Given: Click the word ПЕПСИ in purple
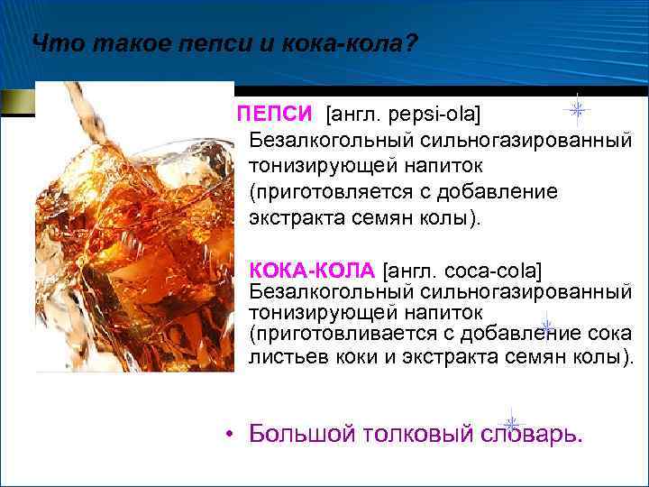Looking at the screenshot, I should pos(275,115).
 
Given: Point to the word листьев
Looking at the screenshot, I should pos(286,356).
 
